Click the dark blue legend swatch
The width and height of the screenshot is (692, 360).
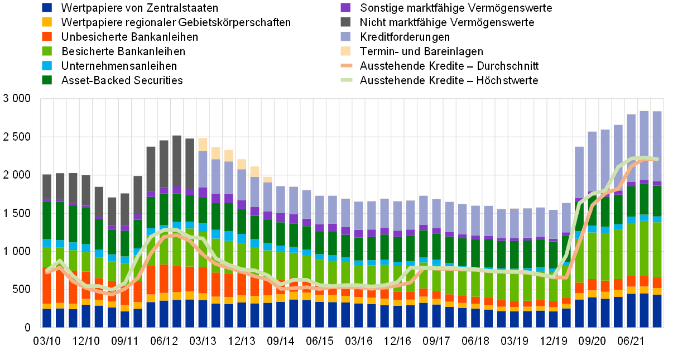coord(47,7)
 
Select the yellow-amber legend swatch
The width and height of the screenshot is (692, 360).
coord(47,22)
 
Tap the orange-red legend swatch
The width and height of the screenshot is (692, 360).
coord(47,36)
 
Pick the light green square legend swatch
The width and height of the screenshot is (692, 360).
coord(47,51)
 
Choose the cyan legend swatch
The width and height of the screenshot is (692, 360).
coord(47,65)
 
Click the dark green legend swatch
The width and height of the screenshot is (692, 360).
coord(47,80)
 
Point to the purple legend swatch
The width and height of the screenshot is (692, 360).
coord(345,7)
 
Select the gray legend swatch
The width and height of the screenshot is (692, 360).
coord(345,22)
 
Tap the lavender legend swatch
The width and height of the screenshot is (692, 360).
coord(345,36)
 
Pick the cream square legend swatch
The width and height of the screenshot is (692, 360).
coord(345,51)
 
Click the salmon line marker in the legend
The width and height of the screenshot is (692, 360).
coord(347,65)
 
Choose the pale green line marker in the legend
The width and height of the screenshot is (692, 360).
coord(347,80)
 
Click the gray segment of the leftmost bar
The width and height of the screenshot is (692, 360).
coord(47,186)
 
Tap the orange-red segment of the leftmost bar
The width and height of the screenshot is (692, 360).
coord(47,287)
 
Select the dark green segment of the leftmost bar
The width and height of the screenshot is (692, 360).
coord(47,220)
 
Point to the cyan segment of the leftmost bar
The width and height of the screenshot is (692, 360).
coord(47,243)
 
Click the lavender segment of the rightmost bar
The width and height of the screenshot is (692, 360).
coord(657,145)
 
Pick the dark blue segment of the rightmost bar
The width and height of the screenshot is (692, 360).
coord(657,311)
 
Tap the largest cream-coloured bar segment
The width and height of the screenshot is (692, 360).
coord(203,144)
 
